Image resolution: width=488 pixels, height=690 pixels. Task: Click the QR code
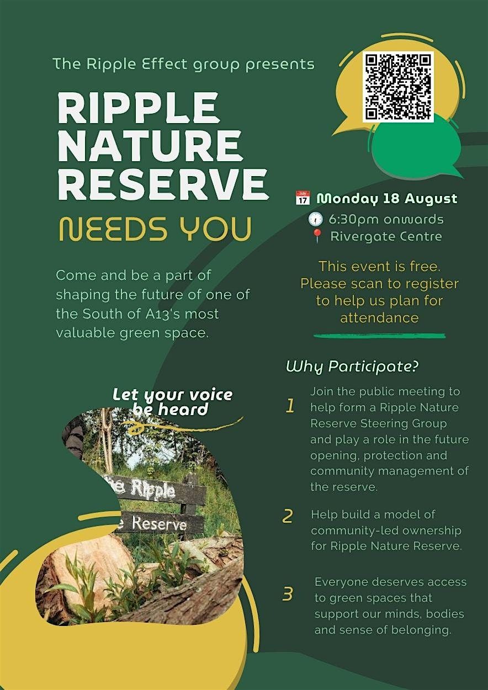(x=398, y=87)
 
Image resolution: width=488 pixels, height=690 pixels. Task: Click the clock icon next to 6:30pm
(x=316, y=219)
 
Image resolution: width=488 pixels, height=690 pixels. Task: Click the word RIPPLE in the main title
(x=139, y=107)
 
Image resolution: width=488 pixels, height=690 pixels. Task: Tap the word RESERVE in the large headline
(x=163, y=184)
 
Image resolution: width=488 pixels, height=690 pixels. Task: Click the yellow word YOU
(x=216, y=229)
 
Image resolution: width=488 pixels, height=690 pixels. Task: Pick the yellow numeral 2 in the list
(x=288, y=516)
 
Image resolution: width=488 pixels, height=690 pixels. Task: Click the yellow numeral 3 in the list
(x=288, y=593)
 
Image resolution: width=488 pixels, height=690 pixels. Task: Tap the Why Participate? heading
(x=352, y=367)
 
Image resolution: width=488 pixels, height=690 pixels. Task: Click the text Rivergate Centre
(x=386, y=237)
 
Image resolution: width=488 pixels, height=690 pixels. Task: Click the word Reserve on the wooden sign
(x=160, y=523)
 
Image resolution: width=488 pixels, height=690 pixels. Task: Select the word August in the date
(x=431, y=199)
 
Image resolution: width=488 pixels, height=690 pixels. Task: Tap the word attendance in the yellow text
(x=379, y=318)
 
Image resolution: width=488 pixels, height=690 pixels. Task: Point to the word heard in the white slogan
(x=183, y=410)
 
